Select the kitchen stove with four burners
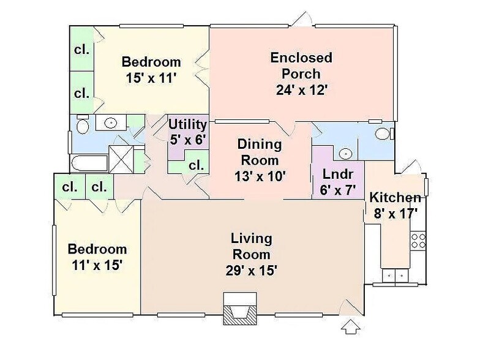418,240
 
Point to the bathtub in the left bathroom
89,163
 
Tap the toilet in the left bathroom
82,126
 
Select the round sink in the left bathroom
110,123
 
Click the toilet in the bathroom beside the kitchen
383,133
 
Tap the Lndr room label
337,174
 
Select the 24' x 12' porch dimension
302,90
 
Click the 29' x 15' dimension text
251,270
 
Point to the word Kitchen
395,198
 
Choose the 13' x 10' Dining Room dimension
260,176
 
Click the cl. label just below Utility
196,165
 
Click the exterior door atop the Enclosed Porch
301,20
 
